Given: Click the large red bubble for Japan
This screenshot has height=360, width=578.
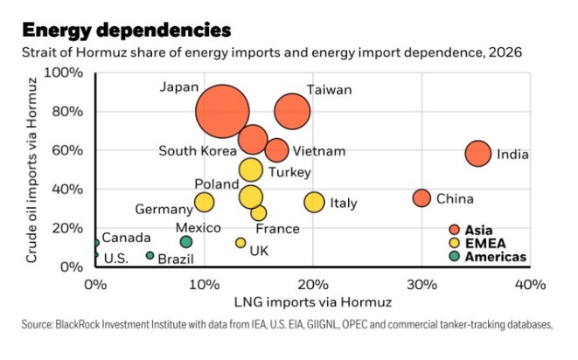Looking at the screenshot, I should pos(223,111).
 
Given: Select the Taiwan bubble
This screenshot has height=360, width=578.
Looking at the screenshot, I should pos(292,111).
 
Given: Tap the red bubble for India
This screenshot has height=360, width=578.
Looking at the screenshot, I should pos(477,154).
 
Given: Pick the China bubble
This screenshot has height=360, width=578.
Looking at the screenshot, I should pos(421,198).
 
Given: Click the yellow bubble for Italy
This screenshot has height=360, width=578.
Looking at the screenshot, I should pos(314,203).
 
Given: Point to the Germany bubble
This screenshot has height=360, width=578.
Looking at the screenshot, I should pos(204,203).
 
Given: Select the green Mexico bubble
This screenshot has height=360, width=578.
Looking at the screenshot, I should pos(186,242).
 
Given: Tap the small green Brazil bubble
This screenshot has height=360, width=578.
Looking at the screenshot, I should pos(150,255).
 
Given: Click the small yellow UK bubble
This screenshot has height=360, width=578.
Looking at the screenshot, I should pos(240,242).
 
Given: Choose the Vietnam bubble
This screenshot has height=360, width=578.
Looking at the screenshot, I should pos(277,150).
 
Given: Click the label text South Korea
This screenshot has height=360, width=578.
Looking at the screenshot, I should pos(198,151).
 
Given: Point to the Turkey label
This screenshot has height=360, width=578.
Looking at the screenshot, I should pos(289,172).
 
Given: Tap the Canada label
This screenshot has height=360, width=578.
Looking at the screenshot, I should pos(126,238).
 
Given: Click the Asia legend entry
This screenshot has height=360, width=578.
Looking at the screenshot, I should pos(479,230).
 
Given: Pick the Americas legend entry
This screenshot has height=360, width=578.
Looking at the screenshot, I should pos(493,256).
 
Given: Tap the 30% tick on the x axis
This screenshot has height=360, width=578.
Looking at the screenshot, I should pos(421,285).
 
